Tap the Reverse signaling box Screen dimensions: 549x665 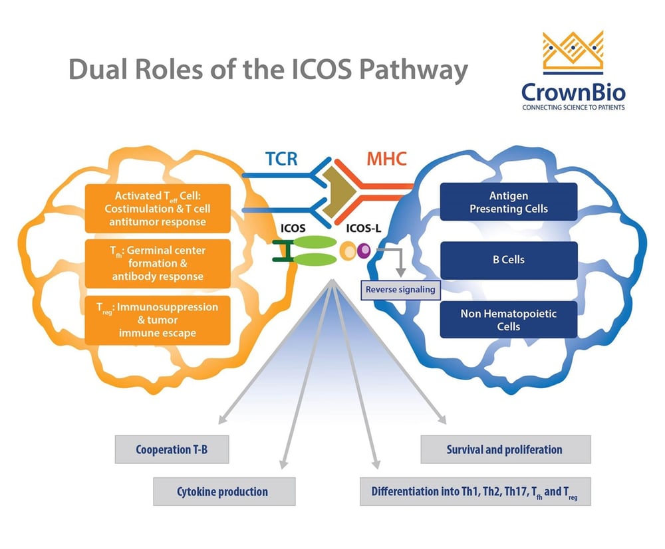[x=400, y=289]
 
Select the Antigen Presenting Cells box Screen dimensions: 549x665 [x=509, y=202]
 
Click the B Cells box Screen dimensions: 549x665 [x=509, y=261]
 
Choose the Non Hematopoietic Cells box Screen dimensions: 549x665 [x=509, y=319]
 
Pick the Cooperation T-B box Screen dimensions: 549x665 [x=172, y=449]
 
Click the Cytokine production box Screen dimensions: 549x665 [x=222, y=492]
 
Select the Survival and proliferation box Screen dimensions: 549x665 [x=505, y=449]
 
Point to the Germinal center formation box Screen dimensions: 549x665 [x=158, y=263]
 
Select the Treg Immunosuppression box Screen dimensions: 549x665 [x=158, y=320]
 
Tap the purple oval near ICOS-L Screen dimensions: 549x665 [x=364, y=251]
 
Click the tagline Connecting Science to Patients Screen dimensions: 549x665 [x=573, y=107]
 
